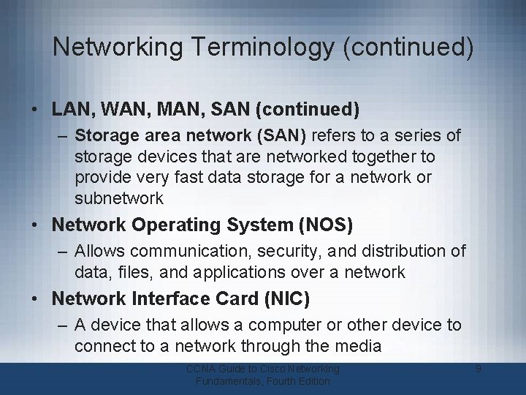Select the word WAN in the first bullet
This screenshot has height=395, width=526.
click(x=113, y=110)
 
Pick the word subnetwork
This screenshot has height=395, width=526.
click(x=119, y=198)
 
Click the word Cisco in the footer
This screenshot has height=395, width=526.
click(x=270, y=369)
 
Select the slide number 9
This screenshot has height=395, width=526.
click(x=478, y=369)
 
